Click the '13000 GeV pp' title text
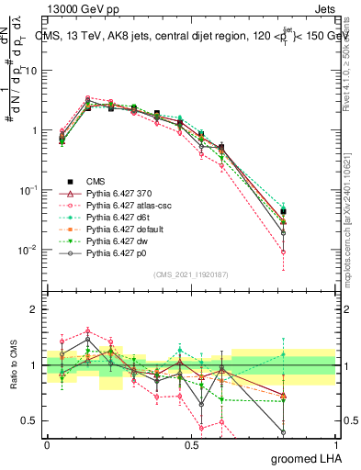click(x=78, y=8)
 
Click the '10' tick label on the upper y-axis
click(x=28, y=71)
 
